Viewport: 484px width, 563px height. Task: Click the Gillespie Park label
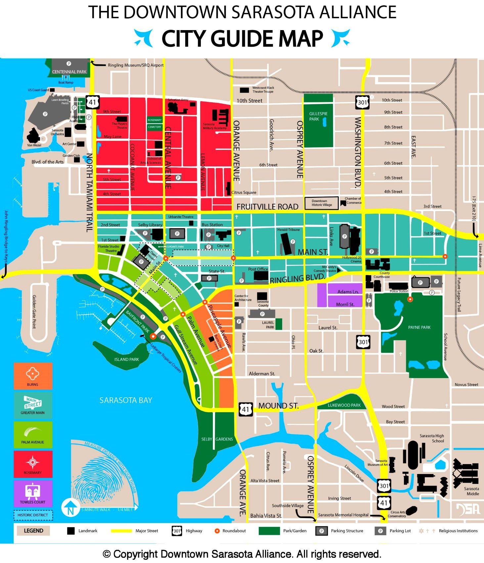318,116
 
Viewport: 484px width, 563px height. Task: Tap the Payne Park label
419,327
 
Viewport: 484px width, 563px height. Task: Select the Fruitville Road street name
267,207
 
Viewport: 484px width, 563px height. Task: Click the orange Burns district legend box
33,376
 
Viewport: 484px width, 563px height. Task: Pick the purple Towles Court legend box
33,493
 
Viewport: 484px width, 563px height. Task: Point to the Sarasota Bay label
126,400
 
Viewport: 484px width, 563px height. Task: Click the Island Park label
126,359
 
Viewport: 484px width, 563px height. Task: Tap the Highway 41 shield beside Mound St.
245,409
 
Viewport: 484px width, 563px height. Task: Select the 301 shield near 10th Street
362,102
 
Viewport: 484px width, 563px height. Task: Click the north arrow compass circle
70,507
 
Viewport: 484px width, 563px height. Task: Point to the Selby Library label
150,225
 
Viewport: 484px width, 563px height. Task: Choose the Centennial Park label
69,72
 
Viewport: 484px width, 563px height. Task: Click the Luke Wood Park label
344,405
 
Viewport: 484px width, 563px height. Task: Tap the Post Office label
258,269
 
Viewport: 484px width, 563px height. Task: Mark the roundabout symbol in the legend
217,531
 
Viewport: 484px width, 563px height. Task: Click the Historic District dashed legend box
33,515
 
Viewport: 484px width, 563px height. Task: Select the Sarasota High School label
432,438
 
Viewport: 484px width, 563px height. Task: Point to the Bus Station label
212,225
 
